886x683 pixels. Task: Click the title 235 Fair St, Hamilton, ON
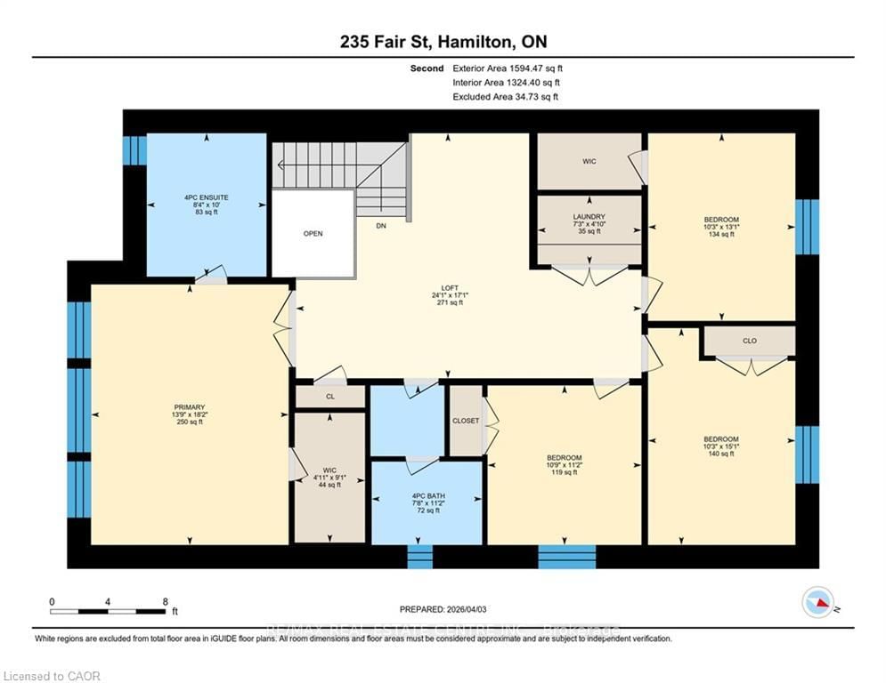click(443, 42)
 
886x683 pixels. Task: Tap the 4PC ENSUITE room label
click(207, 196)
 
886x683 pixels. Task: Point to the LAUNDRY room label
click(589, 216)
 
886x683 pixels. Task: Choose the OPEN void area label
click(313, 234)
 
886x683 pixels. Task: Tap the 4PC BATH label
click(426, 495)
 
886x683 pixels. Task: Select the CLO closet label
click(749, 341)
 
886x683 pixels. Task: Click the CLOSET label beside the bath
click(466, 421)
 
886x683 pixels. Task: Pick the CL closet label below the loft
click(329, 398)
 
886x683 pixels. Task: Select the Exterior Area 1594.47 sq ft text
click(508, 68)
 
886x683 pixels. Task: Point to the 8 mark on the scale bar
click(166, 601)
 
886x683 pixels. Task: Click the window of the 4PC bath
click(419, 556)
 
